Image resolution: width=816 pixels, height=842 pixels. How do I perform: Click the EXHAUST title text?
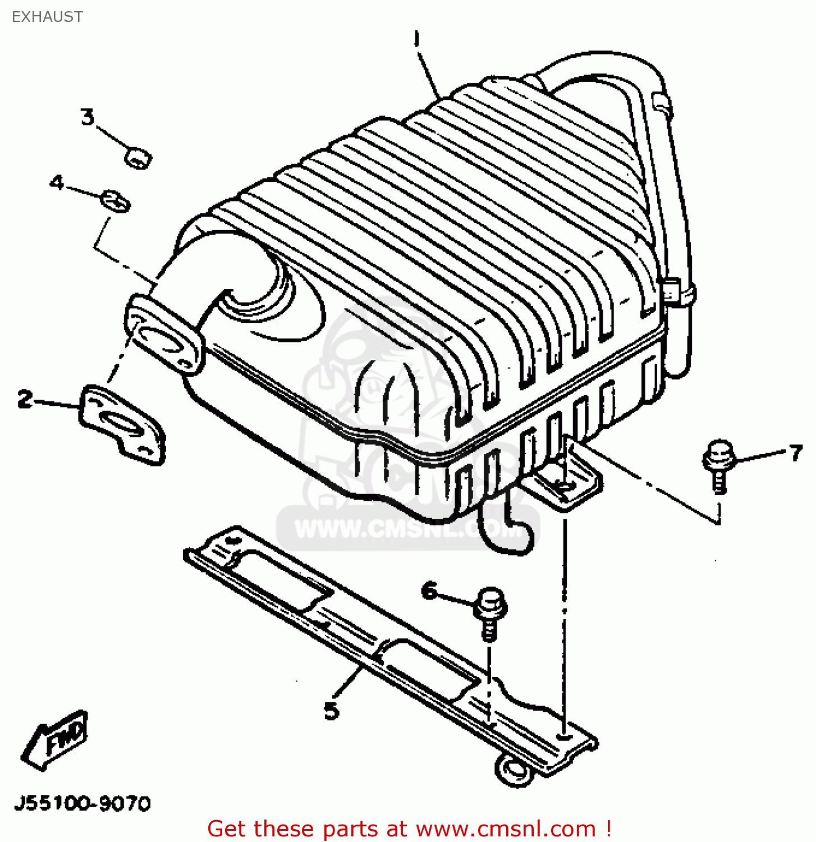(47, 17)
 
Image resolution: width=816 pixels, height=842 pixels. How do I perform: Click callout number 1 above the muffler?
(416, 39)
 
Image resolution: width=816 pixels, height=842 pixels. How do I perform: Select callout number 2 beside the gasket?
(25, 399)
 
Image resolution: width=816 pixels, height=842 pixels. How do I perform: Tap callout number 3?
(88, 117)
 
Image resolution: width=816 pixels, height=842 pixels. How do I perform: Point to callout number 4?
(57, 182)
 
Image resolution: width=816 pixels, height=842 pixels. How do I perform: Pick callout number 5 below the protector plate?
(332, 711)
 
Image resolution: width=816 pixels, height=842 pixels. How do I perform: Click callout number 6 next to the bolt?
(429, 591)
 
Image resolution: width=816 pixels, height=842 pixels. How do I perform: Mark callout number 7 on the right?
(796, 452)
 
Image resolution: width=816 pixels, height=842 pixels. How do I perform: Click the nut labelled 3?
(137, 158)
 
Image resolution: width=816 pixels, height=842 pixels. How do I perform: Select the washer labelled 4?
(116, 201)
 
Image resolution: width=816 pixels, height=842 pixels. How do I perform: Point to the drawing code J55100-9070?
(82, 803)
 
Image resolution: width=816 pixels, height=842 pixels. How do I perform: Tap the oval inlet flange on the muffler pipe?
(163, 337)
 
